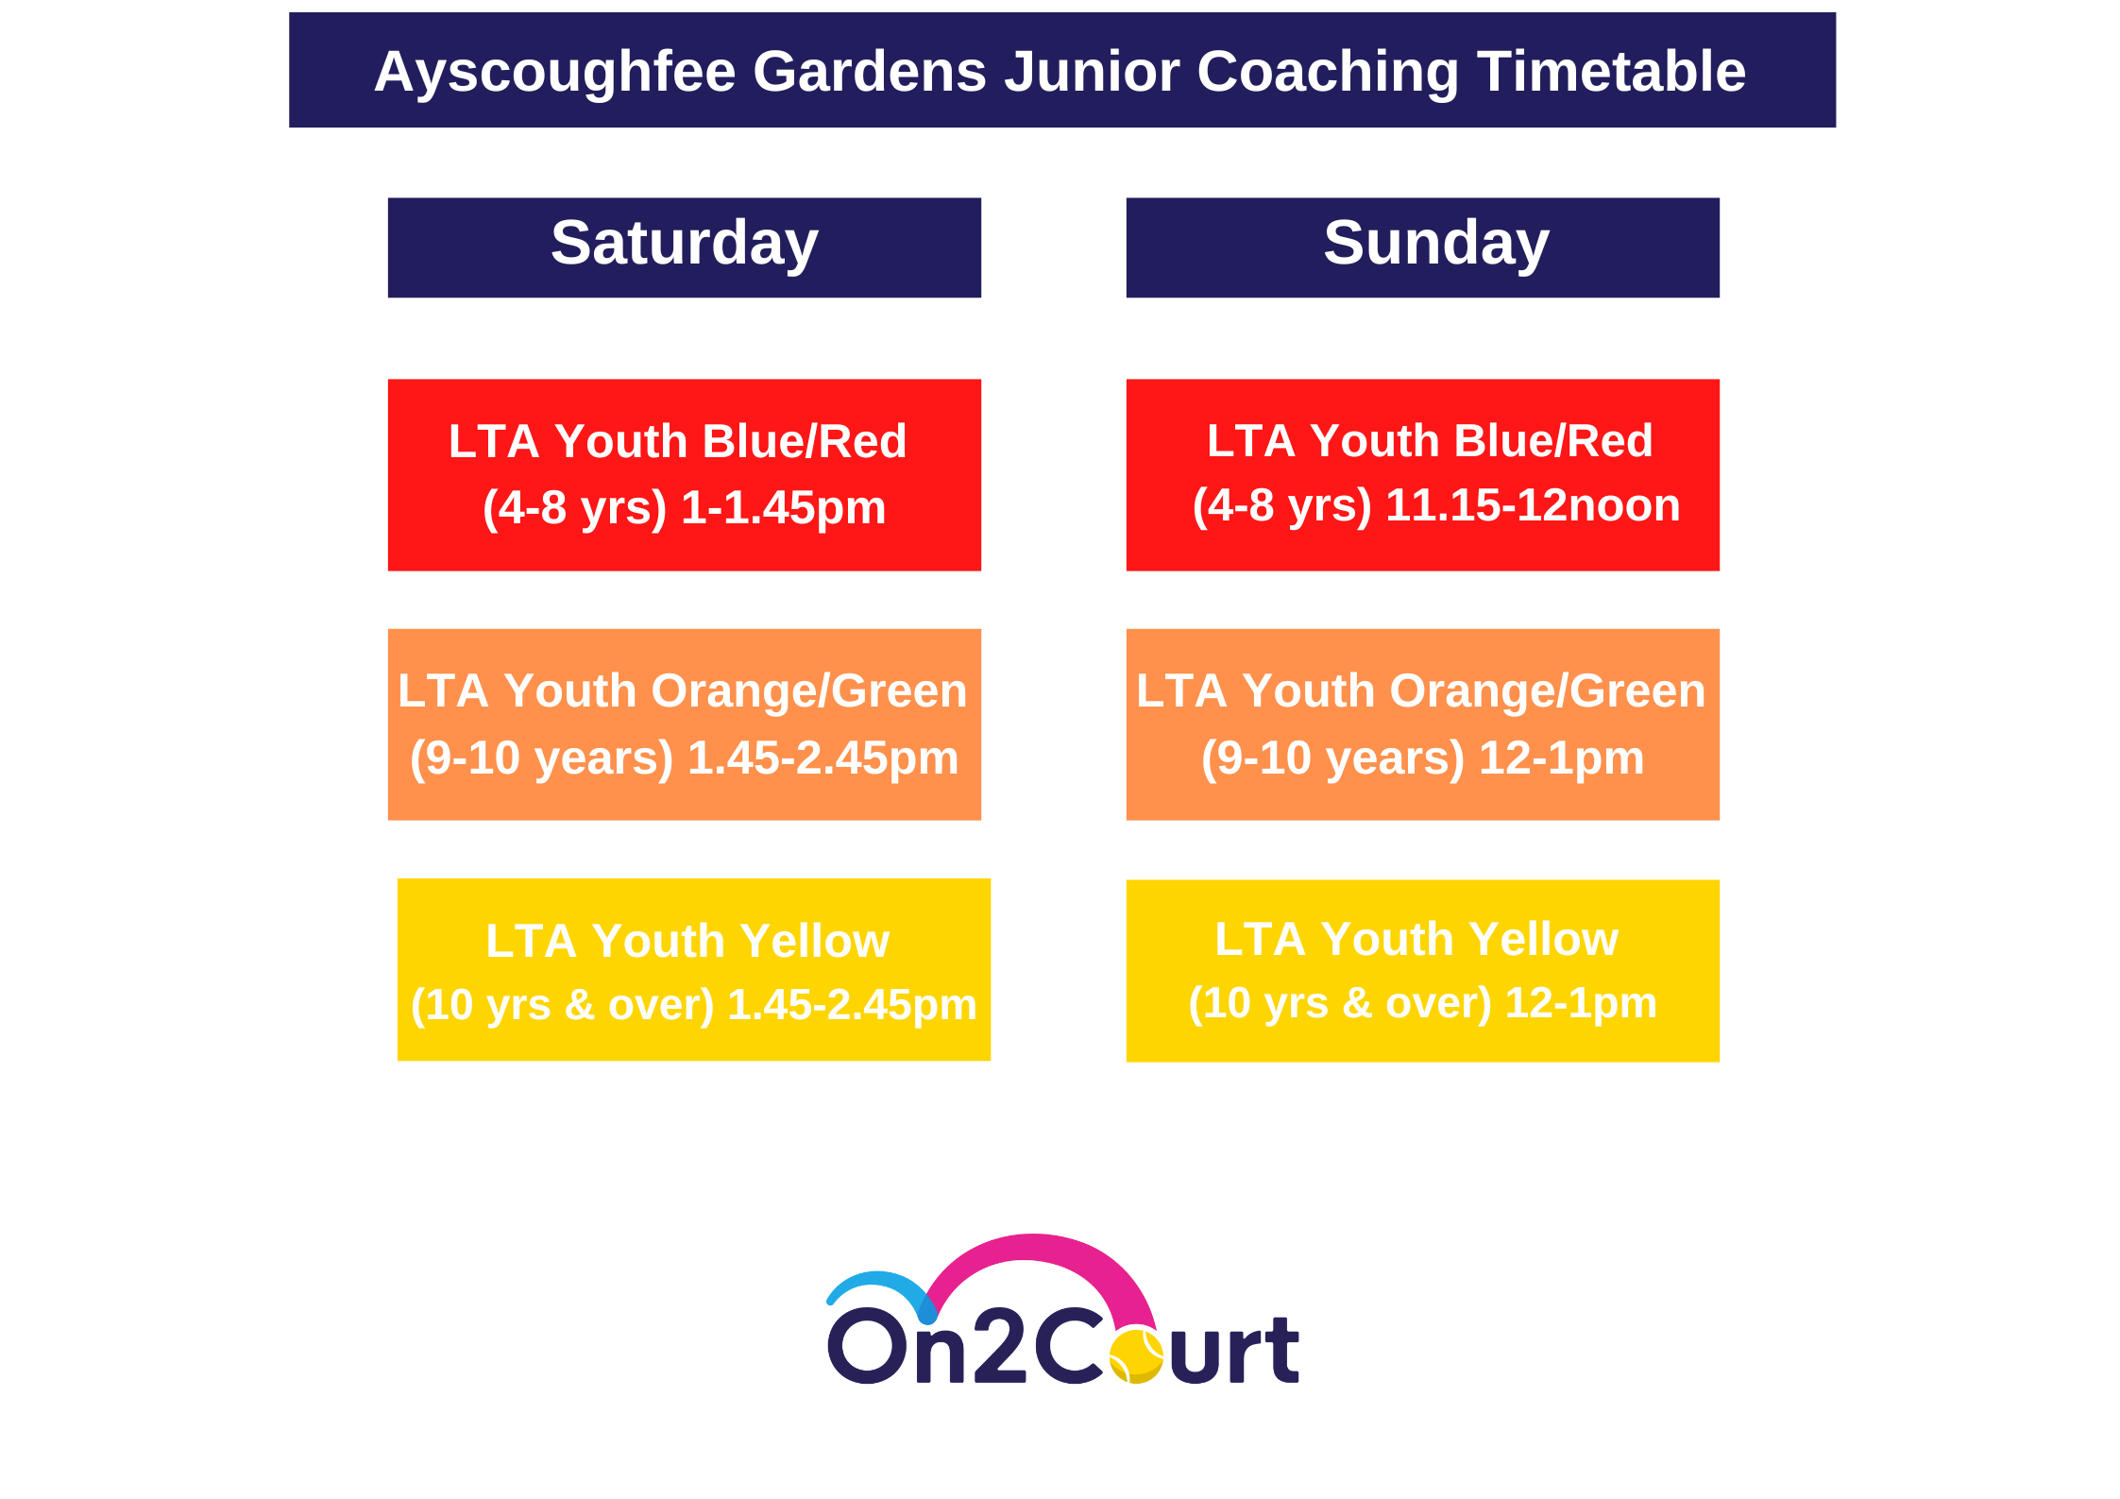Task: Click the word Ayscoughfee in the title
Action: coord(555,73)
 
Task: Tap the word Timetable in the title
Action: coord(1612,72)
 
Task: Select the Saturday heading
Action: coord(685,245)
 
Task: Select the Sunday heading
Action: coord(1436,245)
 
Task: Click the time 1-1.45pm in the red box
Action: coord(784,508)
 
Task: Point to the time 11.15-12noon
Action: coord(1533,505)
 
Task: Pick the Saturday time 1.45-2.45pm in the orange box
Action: coord(823,758)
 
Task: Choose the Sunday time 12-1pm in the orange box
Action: coord(1561,758)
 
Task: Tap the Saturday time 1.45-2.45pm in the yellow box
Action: coord(852,1005)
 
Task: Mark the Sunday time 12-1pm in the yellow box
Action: coord(1581,1003)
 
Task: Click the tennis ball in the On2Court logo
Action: coord(1136,1355)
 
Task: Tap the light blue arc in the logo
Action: coord(878,1281)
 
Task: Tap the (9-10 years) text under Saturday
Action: coord(542,758)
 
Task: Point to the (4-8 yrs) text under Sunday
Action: coord(1282,506)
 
